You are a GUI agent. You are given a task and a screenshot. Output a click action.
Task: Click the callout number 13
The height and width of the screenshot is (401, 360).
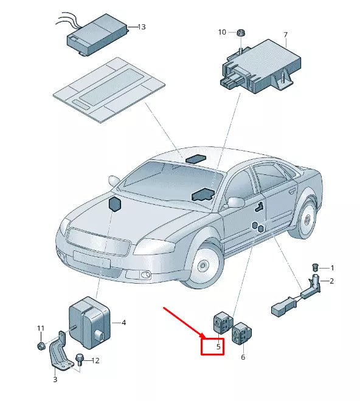(x=142, y=27)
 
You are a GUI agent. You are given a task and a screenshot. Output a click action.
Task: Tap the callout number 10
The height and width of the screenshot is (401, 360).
(x=222, y=32)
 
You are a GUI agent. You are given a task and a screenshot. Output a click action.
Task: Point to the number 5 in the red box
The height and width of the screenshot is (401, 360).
(x=212, y=347)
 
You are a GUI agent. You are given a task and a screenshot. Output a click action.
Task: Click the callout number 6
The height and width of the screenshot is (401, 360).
(x=243, y=357)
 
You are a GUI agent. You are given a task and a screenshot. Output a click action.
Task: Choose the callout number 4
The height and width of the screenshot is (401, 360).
(x=123, y=323)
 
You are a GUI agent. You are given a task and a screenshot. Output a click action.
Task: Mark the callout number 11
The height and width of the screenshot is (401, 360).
(x=41, y=329)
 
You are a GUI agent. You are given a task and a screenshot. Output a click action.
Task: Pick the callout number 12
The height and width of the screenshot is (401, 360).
(x=95, y=361)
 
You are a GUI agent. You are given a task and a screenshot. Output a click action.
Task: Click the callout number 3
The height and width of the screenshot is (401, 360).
(x=55, y=380)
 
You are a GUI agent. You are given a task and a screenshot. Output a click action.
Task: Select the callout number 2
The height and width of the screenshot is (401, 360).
(x=331, y=281)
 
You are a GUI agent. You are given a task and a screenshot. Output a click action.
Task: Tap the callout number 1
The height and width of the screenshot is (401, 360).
(x=331, y=268)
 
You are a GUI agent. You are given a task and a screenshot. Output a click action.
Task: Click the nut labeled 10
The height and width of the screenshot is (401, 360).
(x=240, y=32)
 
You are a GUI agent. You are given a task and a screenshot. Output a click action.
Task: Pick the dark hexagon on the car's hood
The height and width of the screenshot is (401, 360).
(x=114, y=205)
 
